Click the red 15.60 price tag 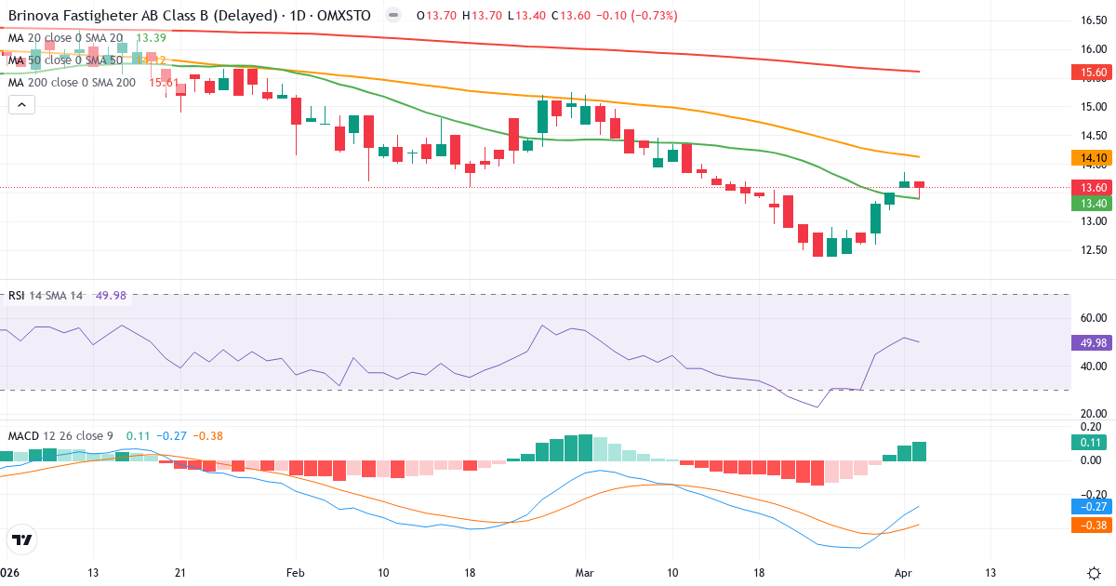click(x=1088, y=72)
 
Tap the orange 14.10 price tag click(x=1088, y=158)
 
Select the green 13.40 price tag click(x=1088, y=203)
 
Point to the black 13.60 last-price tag click(x=1088, y=187)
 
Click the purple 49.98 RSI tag click(x=1088, y=342)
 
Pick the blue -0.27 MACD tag click(x=1088, y=507)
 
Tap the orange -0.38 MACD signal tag click(x=1088, y=525)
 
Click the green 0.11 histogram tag click(x=1088, y=443)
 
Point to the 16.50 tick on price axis click(x=1087, y=20)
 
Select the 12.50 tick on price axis click(x=1087, y=250)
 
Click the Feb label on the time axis click(x=295, y=546)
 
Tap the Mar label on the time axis click(x=585, y=546)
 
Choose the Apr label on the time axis click(x=903, y=546)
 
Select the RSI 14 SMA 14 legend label click(x=46, y=296)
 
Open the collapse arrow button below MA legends click(x=21, y=104)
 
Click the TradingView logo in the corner click(x=22, y=539)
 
